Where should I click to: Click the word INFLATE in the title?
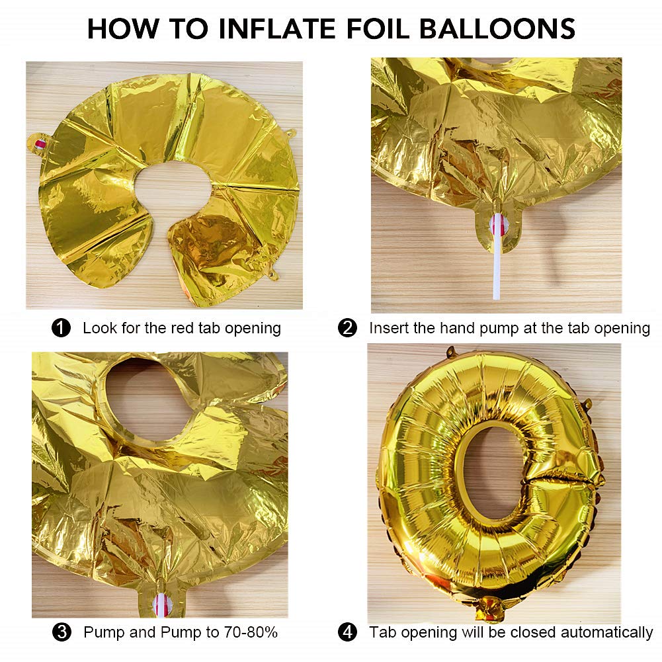click(x=277, y=28)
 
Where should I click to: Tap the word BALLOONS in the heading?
click(x=497, y=28)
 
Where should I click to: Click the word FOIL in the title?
click(x=378, y=28)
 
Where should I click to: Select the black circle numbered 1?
click(x=61, y=328)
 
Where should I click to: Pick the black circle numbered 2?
click(x=347, y=328)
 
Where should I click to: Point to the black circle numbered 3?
click(x=62, y=632)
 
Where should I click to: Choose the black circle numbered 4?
click(x=347, y=632)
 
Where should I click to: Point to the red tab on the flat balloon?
click(x=40, y=144)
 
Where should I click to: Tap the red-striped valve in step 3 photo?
click(x=161, y=604)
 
